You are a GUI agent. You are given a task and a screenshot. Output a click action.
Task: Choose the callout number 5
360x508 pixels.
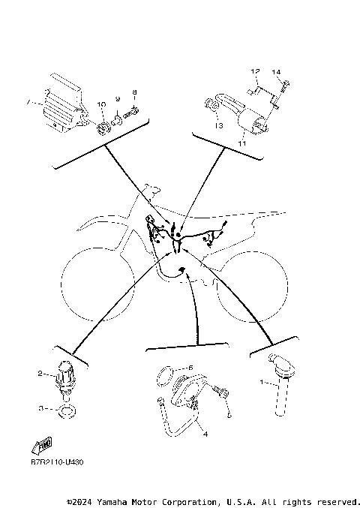pos(190,368)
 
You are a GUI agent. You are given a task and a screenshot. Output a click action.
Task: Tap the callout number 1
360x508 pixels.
pos(262,382)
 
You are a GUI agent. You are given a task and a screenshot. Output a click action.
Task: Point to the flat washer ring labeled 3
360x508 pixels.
pos(65,410)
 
